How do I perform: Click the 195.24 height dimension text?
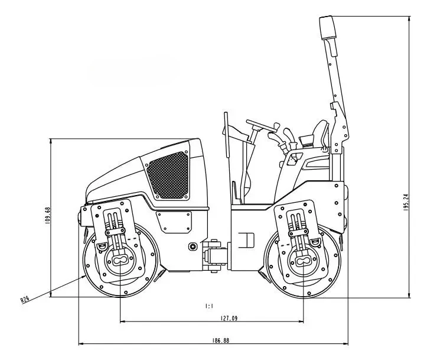point(406,202)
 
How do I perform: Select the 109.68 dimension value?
point(48,216)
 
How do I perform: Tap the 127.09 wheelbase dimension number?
point(229,318)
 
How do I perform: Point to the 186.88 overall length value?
point(220,340)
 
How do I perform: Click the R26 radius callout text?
point(25,299)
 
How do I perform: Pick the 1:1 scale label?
point(209,306)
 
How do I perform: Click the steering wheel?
point(259,125)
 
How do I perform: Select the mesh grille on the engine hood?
point(168,175)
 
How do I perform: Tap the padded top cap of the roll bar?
point(328,27)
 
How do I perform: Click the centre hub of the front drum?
point(120,260)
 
